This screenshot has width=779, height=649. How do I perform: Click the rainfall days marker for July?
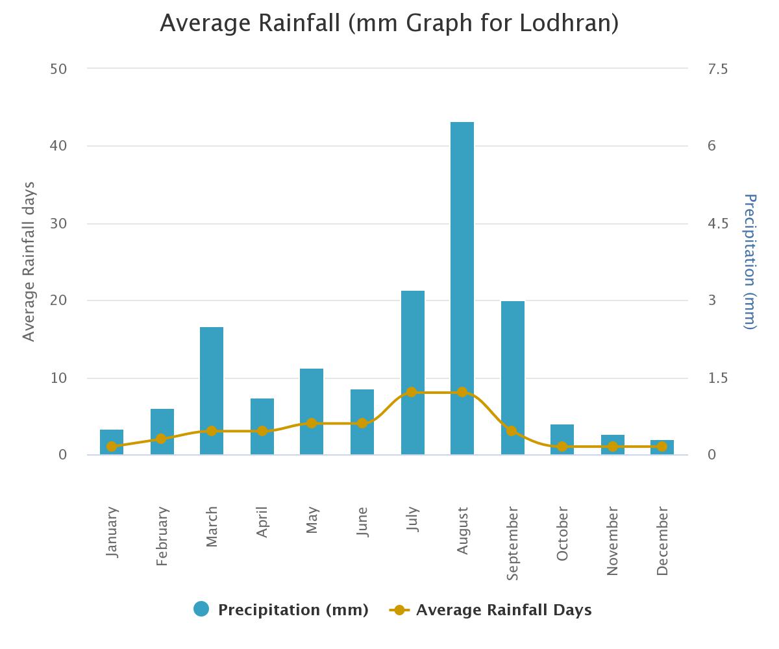412,393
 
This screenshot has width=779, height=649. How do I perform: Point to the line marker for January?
112,447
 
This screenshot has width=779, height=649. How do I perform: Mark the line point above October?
562,447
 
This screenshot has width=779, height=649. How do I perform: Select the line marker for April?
262,431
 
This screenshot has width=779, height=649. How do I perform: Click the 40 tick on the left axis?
58,146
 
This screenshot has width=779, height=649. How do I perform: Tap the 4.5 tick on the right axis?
718,224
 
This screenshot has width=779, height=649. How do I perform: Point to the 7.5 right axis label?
718,69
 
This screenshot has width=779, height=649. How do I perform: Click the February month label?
162,536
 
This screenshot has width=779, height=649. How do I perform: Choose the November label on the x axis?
612,541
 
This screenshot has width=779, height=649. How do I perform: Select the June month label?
362,522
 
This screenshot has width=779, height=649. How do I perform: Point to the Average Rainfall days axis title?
29,262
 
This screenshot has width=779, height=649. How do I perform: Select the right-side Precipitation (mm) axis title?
750,262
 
